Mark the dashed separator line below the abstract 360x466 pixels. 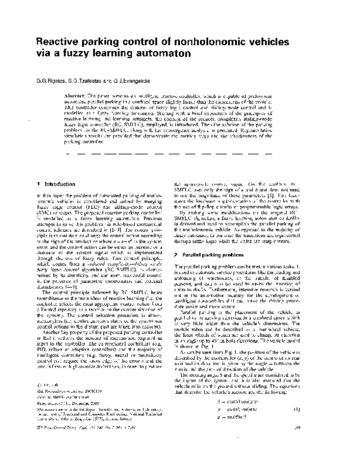tap(198, 155)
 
